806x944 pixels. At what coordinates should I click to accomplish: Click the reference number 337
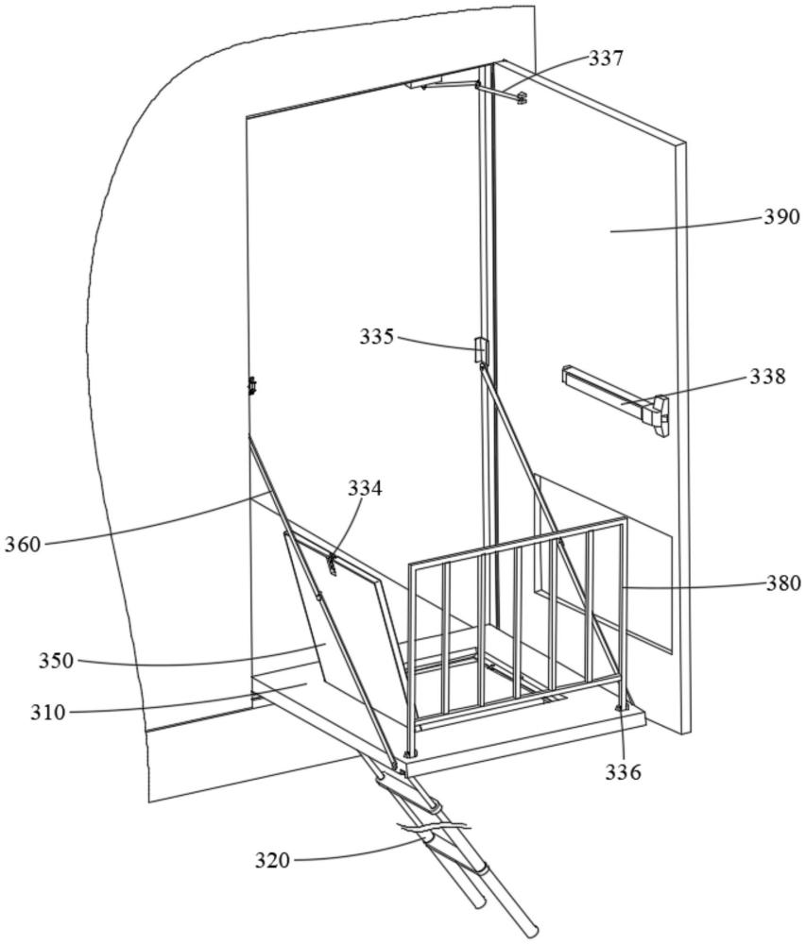[x=605, y=59]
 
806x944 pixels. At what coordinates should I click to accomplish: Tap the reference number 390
[x=781, y=216]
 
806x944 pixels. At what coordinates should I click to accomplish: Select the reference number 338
[x=767, y=377]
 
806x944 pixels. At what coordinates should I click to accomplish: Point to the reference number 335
[x=377, y=337]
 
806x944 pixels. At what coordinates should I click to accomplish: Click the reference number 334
[x=365, y=488]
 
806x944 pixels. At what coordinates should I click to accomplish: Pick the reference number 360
[x=23, y=545]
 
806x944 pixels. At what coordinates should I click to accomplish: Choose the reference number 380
[x=783, y=583]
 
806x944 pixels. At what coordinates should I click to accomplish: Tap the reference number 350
[x=56, y=661]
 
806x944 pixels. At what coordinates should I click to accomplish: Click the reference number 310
[x=48, y=713]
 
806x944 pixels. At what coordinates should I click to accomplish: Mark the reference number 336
[x=624, y=772]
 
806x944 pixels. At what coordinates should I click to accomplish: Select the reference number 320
[x=272, y=861]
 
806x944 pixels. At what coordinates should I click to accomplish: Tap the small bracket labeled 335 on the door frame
[x=480, y=350]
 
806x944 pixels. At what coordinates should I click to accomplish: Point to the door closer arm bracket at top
[x=501, y=92]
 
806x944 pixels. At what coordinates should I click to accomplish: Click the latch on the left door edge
[x=252, y=385]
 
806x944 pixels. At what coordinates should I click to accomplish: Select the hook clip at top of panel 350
[x=331, y=565]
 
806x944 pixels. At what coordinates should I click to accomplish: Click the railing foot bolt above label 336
[x=619, y=707]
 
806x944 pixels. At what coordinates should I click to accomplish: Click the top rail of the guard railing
[x=517, y=541]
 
